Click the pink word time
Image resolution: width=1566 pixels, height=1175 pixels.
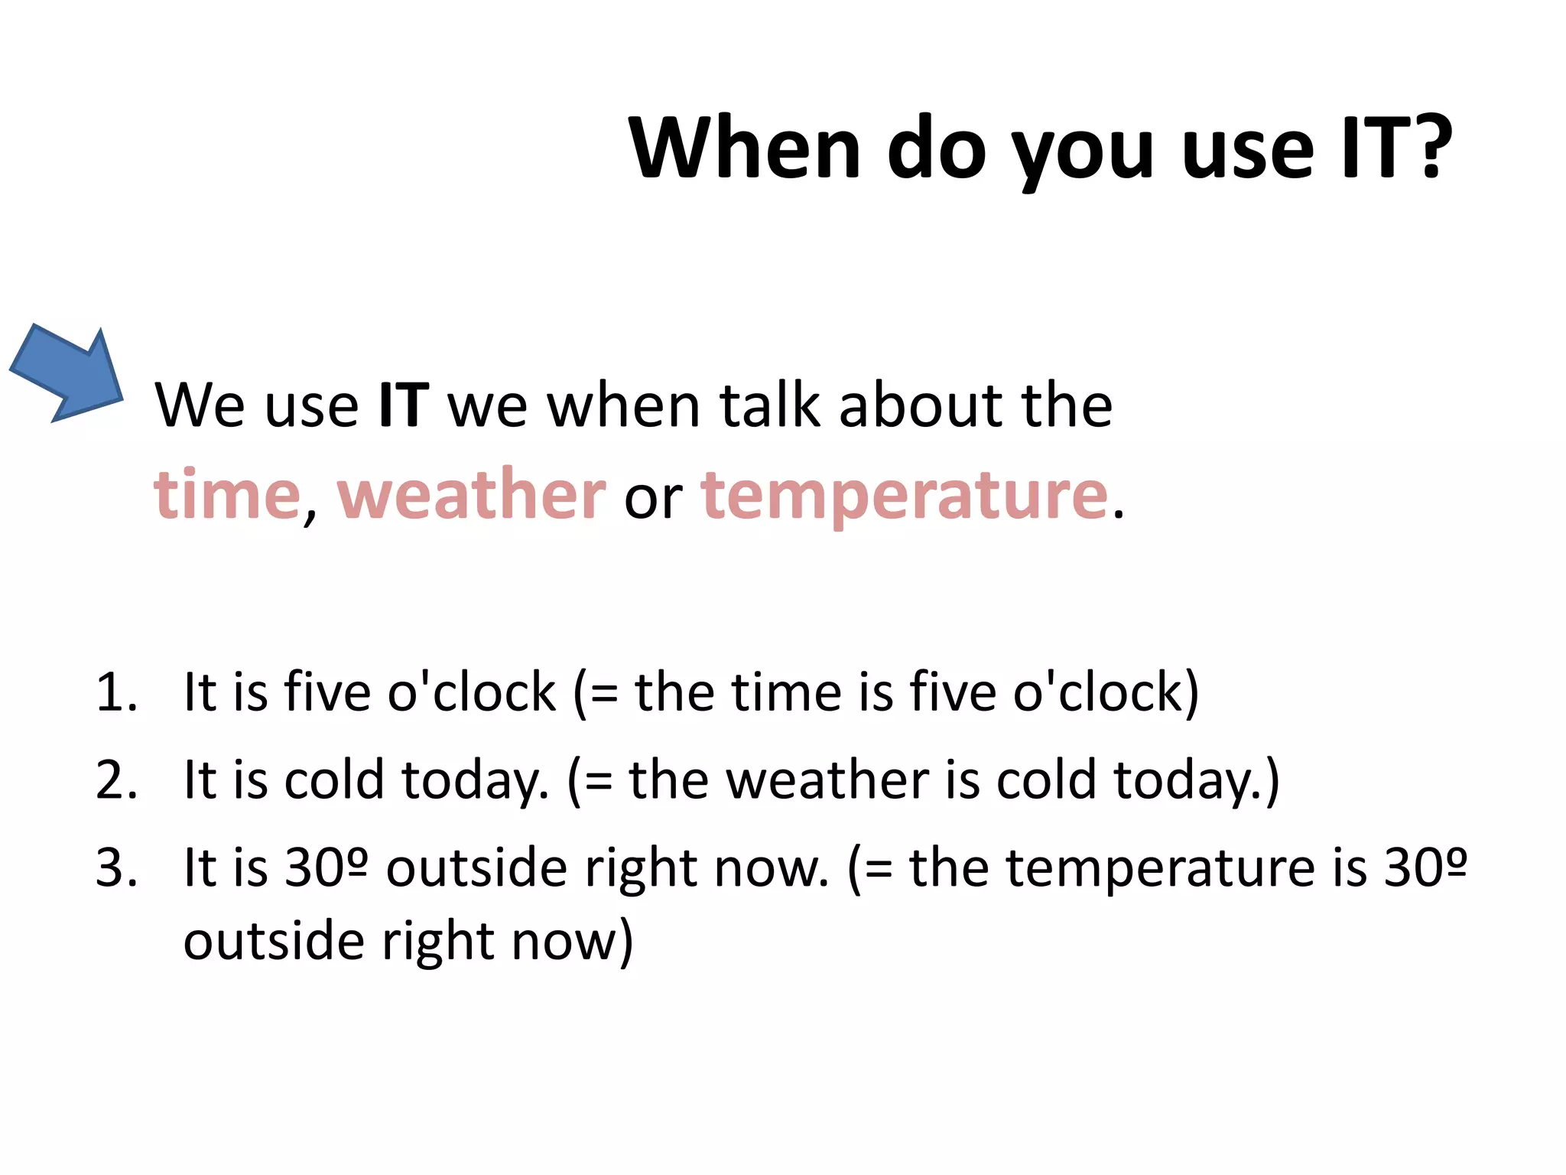point(227,495)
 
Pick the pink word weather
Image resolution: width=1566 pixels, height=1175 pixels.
point(471,495)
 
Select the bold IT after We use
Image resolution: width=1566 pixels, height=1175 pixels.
point(403,405)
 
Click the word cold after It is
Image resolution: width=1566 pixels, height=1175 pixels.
point(333,780)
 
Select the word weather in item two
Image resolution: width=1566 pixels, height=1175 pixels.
point(827,780)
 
